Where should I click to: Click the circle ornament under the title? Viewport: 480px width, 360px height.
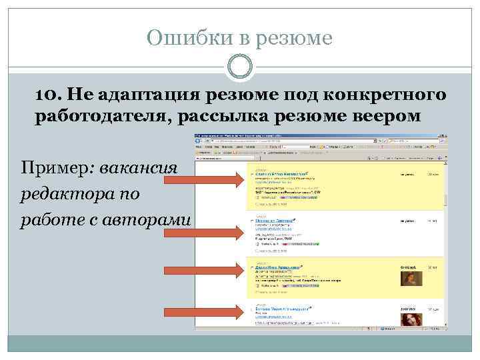240,67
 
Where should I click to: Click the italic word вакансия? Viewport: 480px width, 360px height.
139,165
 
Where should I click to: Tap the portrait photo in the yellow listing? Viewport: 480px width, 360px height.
411,278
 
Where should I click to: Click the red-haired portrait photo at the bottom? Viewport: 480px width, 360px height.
411,319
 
